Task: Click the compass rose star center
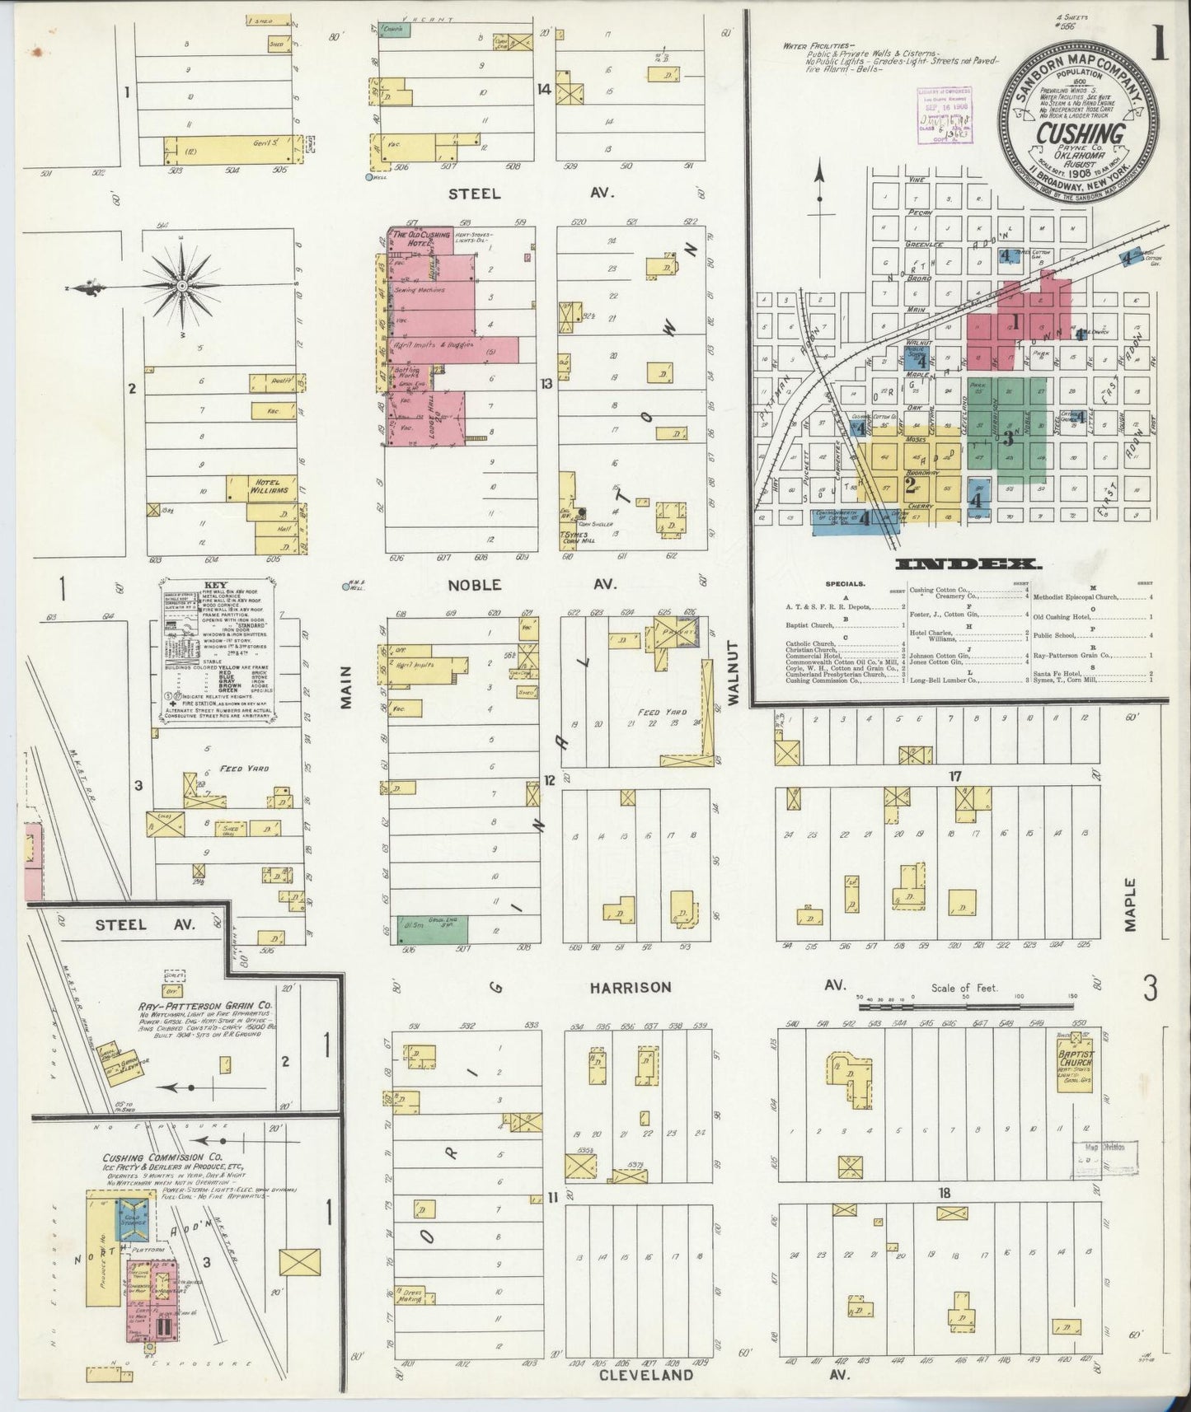pyautogui.click(x=182, y=287)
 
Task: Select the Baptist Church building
pyautogui.click(x=1076, y=1064)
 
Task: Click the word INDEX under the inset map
pyautogui.click(x=967, y=564)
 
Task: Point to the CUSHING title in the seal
pyautogui.click(x=1080, y=132)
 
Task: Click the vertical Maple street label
pyautogui.click(x=1129, y=905)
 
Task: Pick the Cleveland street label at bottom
pyautogui.click(x=645, y=1374)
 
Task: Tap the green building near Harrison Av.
pyautogui.click(x=432, y=929)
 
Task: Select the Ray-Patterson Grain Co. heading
pyautogui.click(x=205, y=1006)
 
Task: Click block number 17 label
pyautogui.click(x=954, y=776)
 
